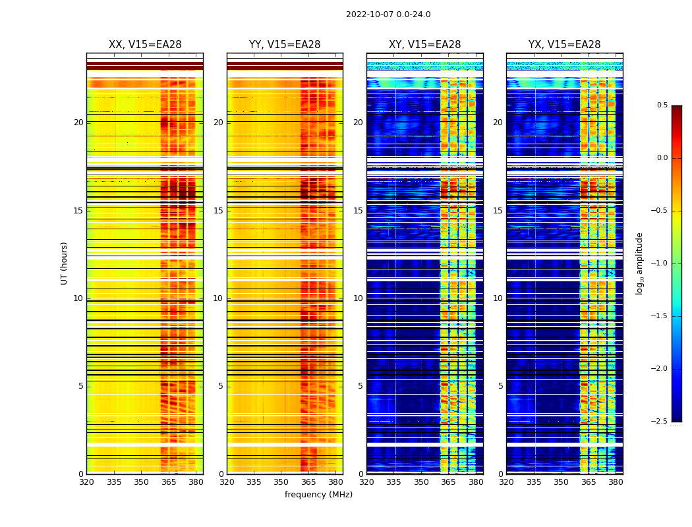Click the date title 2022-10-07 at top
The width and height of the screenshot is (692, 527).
388,14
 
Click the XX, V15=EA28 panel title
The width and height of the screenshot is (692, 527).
145,45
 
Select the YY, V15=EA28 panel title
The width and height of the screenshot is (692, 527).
285,45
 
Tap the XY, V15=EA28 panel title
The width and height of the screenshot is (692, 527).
425,45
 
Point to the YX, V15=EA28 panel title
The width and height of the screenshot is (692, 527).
565,45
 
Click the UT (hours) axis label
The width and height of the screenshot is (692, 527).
65,263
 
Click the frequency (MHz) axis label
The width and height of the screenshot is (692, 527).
318,495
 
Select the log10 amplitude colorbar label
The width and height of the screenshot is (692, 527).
639,263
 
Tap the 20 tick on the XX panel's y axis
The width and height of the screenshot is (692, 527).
78,123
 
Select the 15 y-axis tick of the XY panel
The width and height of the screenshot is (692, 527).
359,211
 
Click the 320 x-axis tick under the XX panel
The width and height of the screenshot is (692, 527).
86,482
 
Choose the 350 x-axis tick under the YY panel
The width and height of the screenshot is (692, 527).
281,482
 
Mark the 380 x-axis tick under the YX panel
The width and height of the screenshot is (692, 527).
616,482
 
